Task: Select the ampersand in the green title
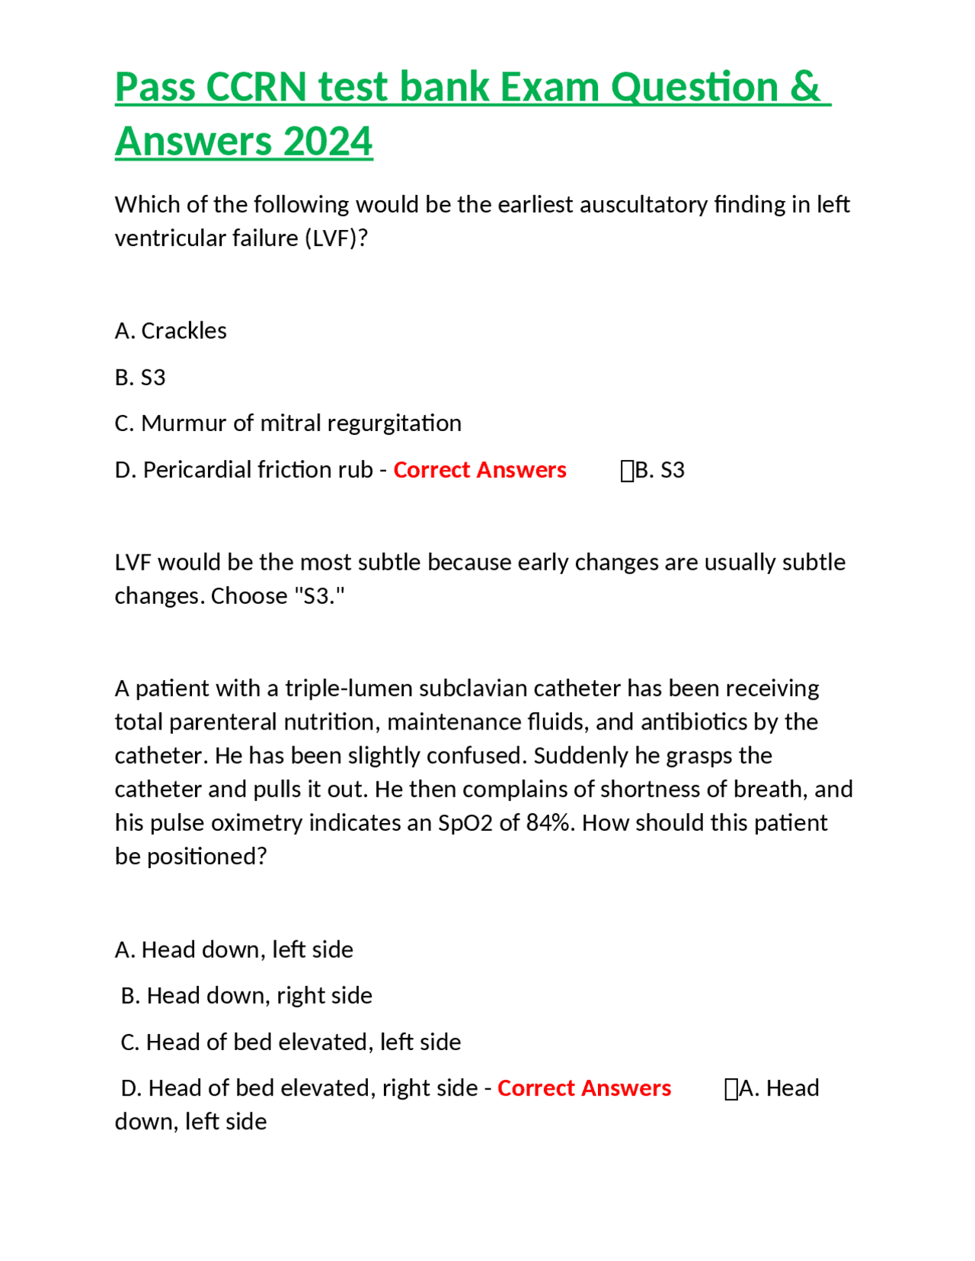pos(804,87)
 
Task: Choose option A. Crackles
pos(171,330)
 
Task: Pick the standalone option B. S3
pos(140,377)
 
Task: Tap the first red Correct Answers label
pos(479,469)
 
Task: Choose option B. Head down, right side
pos(246,995)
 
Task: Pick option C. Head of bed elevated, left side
pos(290,1042)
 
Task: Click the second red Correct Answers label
pos(583,1087)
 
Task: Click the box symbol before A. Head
pos(731,1089)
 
